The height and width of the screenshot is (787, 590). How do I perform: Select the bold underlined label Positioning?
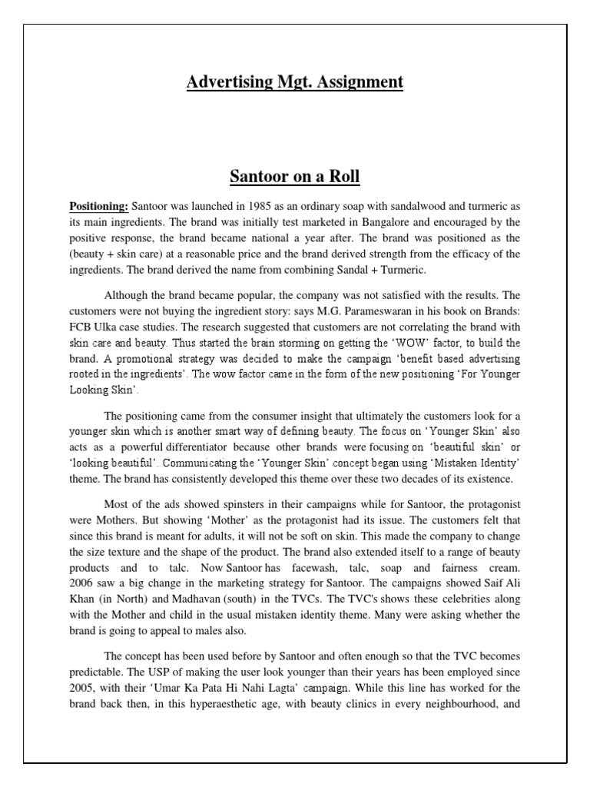pyautogui.click(x=99, y=207)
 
